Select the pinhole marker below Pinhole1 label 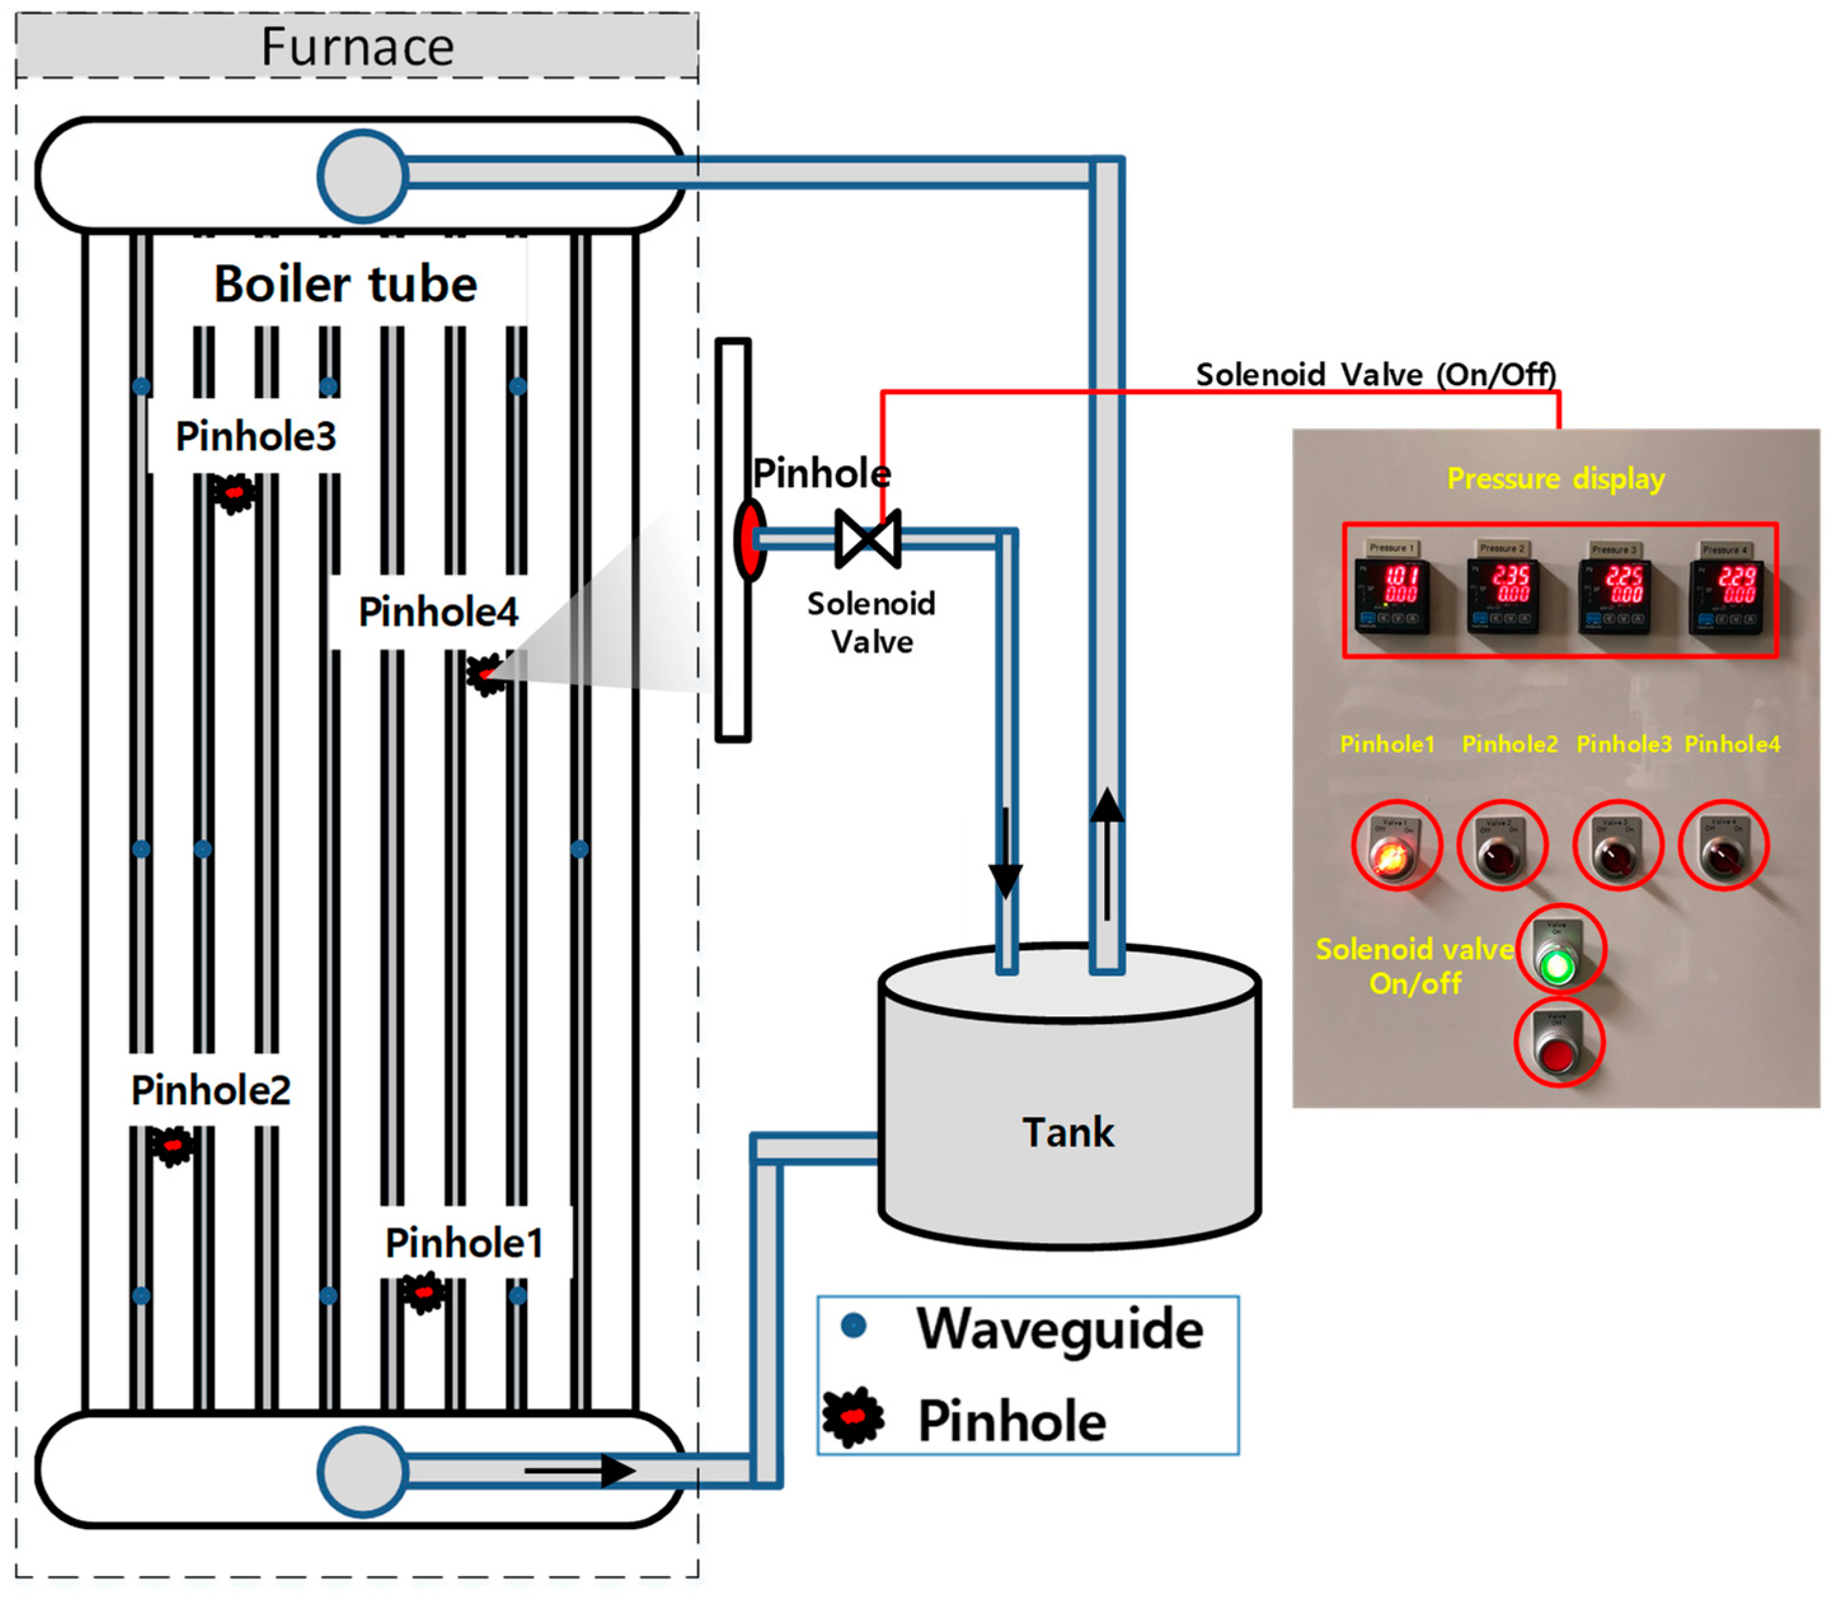coord(423,1291)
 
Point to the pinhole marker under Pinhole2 coord(172,1145)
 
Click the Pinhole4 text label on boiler coord(438,612)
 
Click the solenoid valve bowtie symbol coord(867,539)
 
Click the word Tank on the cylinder coord(1067,1132)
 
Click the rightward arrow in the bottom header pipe coord(579,1471)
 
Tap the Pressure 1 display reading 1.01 coord(1392,594)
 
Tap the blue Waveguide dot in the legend coord(854,1327)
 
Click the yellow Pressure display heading coord(1555,479)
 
